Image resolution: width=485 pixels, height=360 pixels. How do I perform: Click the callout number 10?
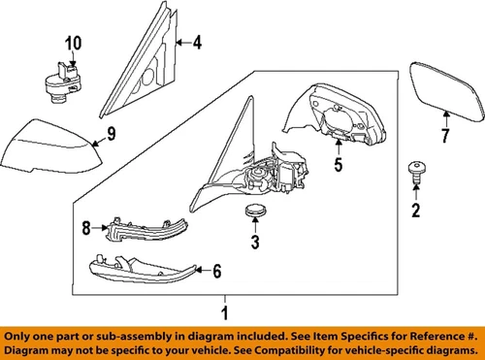74,43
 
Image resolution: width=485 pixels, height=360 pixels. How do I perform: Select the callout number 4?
197,43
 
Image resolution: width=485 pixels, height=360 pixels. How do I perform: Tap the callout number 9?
112,134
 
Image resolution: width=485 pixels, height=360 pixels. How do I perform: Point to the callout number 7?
445,136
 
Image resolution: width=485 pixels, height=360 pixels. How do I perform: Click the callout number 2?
416,210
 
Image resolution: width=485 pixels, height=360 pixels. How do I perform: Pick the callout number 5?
339,164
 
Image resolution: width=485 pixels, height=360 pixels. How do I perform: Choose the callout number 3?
255,242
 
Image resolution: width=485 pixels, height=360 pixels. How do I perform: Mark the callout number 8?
86,228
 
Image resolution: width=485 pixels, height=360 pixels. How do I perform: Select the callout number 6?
217,271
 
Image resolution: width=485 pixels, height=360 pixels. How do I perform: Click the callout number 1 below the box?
225,312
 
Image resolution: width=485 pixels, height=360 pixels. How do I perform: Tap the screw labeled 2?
416,173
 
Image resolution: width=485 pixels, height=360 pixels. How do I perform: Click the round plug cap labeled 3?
255,211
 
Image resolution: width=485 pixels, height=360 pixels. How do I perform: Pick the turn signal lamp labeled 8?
147,229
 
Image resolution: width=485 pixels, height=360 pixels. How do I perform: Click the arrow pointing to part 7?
446,119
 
